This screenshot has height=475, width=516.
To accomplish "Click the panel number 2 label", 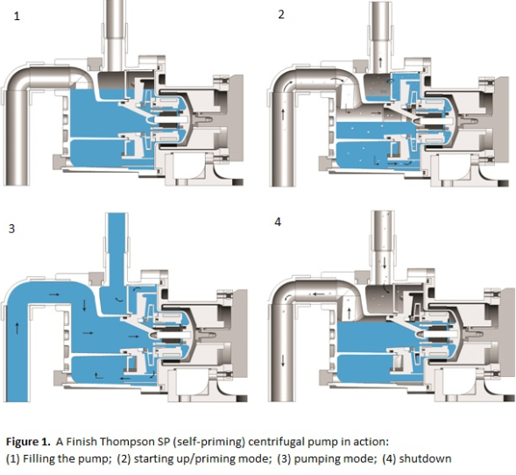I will [x=280, y=15].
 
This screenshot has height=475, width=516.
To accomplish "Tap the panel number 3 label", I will [x=11, y=229].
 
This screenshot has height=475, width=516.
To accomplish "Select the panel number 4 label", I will [x=278, y=223].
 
